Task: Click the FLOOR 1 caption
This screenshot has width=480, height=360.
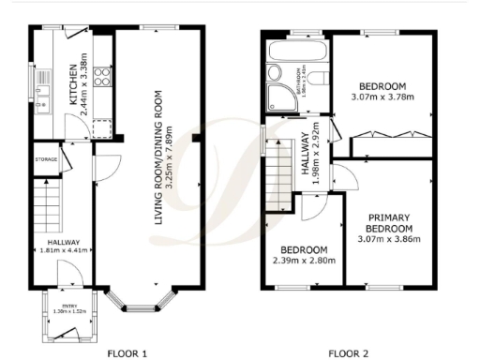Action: pos(127,352)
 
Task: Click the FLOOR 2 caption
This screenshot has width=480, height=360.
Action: pos(348,352)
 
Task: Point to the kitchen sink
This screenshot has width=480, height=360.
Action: pos(43,94)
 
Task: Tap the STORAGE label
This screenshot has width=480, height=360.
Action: pos(47,159)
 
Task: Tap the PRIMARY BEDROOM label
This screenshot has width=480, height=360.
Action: pos(387,222)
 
